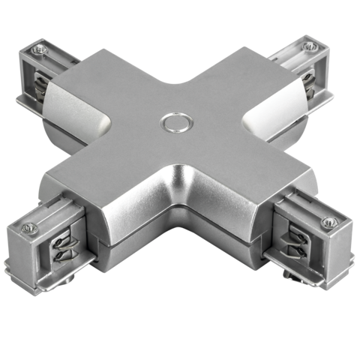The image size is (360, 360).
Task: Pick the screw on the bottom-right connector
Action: tap(328, 223)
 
